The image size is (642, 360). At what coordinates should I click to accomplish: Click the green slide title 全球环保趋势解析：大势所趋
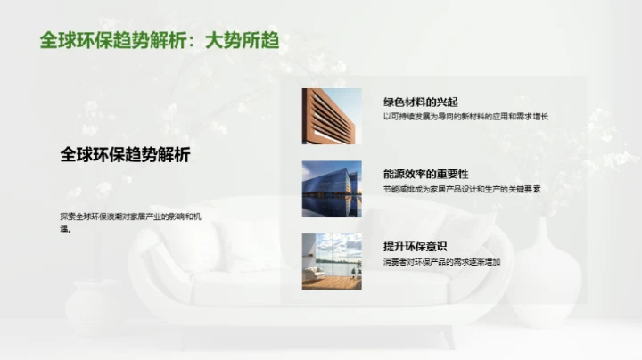pyautogui.click(x=160, y=41)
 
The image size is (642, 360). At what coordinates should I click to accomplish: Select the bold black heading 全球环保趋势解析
pyautogui.click(x=125, y=153)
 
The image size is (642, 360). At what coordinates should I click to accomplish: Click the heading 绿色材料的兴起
pyautogui.click(x=420, y=102)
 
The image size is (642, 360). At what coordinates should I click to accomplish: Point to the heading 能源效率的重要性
pyautogui.click(x=425, y=175)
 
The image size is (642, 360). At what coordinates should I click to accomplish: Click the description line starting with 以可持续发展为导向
pyautogui.click(x=465, y=117)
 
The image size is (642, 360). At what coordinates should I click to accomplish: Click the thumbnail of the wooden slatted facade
pyautogui.click(x=332, y=117)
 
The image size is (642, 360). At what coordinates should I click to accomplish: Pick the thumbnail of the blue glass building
pyautogui.click(x=332, y=189)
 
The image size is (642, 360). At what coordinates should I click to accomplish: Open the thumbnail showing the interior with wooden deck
pyautogui.click(x=332, y=261)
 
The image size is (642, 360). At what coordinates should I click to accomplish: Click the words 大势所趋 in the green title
pyautogui.click(x=242, y=41)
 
